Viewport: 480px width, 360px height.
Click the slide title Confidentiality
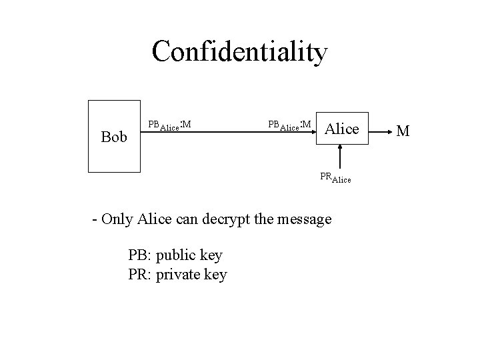point(239,51)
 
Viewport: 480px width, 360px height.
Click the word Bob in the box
point(114,137)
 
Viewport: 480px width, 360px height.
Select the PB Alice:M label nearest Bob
point(169,125)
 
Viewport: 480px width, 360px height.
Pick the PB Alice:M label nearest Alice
point(289,125)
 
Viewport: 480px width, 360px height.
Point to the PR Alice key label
point(335,178)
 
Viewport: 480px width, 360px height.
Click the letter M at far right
point(402,129)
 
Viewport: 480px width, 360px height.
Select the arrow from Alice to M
point(377,130)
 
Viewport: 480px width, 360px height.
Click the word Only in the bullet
point(119,219)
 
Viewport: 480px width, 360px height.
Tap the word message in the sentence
point(305,219)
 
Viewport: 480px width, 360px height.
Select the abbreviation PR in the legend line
point(139,274)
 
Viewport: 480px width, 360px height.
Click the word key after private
point(215,274)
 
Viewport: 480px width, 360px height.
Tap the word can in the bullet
point(193,219)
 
